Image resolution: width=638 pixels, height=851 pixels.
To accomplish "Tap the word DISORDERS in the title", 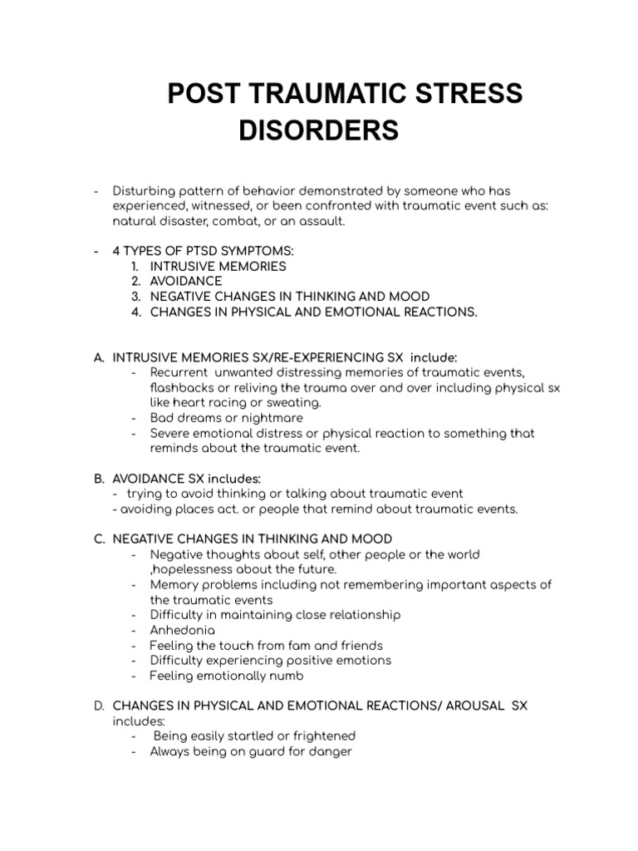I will (319, 131).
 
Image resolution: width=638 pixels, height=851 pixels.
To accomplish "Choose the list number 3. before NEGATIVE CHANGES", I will (137, 297).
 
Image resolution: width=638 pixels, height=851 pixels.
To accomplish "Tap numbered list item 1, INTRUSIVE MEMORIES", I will (218, 267).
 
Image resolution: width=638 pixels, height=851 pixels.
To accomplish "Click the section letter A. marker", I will (99, 357).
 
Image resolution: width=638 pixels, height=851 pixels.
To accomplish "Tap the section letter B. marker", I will (99, 479).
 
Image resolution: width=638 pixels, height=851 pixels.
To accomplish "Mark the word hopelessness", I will (197, 569).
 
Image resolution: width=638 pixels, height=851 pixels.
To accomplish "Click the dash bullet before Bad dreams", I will (134, 418).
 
